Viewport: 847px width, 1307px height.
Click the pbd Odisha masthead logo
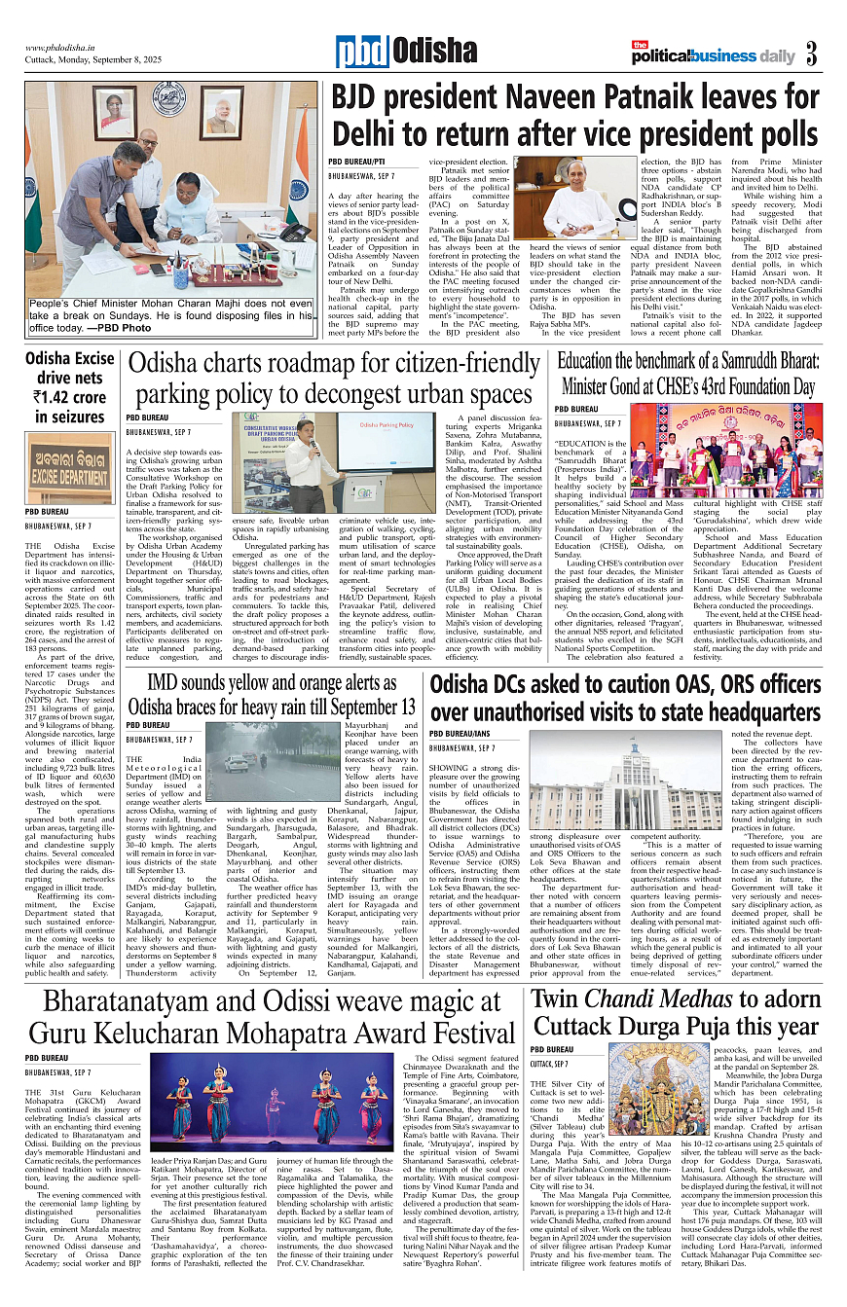392,52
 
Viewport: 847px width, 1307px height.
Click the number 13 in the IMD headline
402,676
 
